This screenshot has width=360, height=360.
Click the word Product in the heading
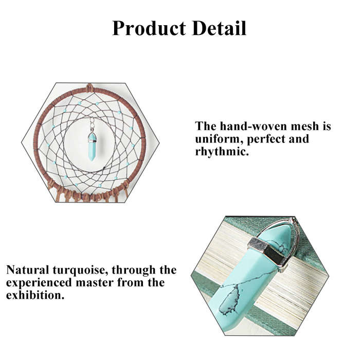pyautogui.click(x=149, y=28)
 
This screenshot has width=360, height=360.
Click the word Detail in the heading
pyautogui.click(x=220, y=28)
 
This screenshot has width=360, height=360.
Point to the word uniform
pyautogui.click(x=219, y=139)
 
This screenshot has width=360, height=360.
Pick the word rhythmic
pyautogui.click(x=222, y=152)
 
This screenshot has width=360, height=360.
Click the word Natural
pyautogui.click(x=28, y=270)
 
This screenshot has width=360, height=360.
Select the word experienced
pyautogui.click(x=39, y=283)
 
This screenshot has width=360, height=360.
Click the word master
pyautogui.click(x=95, y=283)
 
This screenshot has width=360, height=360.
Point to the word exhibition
pyautogui.click(x=35, y=295)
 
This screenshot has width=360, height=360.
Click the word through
pyautogui.click(x=134, y=271)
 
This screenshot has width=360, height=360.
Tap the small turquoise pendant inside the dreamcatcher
pyautogui.click(x=92, y=147)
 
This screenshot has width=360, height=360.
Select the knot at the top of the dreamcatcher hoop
pyautogui.click(x=89, y=87)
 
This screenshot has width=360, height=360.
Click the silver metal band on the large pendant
pyautogui.click(x=268, y=250)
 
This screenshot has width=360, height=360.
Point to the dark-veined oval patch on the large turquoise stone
pyautogui.click(x=229, y=299)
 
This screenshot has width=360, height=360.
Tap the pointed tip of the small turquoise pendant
pyautogui.click(x=92, y=160)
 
